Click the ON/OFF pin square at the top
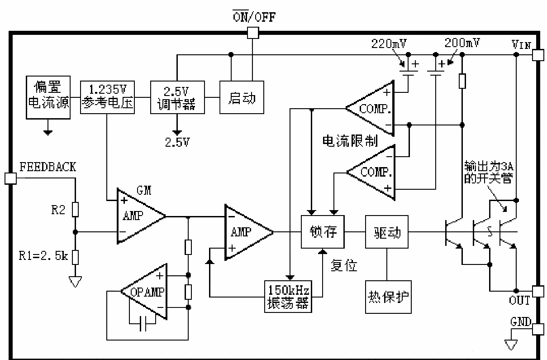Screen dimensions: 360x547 pyautogui.click(x=253, y=33)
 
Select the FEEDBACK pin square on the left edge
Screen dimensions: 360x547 pyautogui.click(x=10, y=178)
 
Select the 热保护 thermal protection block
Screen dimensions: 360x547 pyautogui.click(x=388, y=297)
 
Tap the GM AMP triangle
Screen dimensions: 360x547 pyautogui.click(x=138, y=216)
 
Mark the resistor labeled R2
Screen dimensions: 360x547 pyautogui.click(x=76, y=210)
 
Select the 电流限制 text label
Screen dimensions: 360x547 pyautogui.click(x=349, y=141)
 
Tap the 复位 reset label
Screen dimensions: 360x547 pyautogui.click(x=344, y=265)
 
